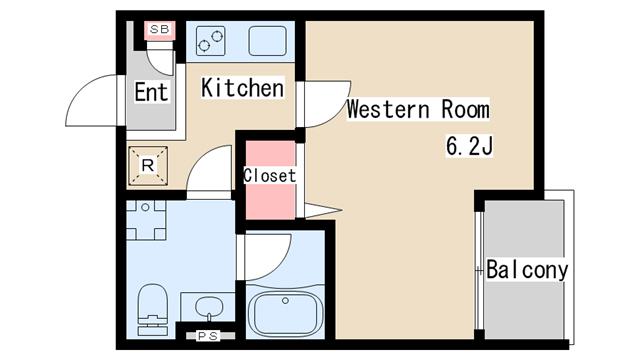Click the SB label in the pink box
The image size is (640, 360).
click(x=160, y=29)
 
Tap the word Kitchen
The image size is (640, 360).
click(x=243, y=87)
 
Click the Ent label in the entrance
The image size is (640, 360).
click(x=151, y=92)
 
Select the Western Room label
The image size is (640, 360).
click(x=418, y=109)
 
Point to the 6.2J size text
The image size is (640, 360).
click(x=469, y=146)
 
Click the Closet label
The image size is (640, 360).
click(x=269, y=176)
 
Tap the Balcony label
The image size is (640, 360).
click(x=527, y=269)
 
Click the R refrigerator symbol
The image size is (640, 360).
click(x=148, y=166)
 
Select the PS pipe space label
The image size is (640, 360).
click(x=209, y=336)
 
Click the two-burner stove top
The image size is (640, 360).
click(x=211, y=41)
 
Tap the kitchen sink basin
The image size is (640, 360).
click(x=267, y=41)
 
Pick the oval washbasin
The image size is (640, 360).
click(x=209, y=307)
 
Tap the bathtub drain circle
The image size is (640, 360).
click(x=285, y=301)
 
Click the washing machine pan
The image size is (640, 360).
click(x=146, y=220)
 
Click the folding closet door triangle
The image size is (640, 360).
click(x=323, y=211)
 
